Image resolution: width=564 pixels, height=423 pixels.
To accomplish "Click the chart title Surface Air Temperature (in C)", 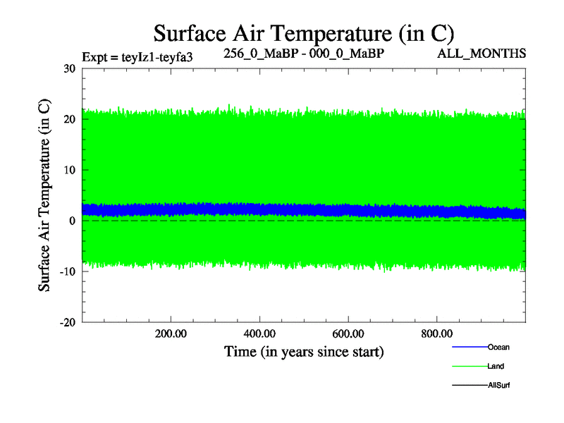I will [x=303, y=33].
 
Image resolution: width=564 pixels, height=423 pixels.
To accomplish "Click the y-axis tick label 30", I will [x=69, y=69].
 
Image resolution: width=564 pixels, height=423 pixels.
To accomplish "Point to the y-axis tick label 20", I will [x=69, y=120].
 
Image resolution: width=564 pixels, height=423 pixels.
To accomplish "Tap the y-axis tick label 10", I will [x=69, y=171].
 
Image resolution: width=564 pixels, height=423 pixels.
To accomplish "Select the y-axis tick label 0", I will [x=73, y=221].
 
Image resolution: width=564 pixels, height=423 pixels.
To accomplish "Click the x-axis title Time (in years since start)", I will [x=304, y=351].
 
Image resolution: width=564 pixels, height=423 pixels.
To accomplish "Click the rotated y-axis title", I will [x=44, y=195].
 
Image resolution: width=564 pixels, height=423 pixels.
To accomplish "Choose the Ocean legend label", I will [x=498, y=347].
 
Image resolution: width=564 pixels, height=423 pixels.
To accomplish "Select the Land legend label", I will [x=496, y=367].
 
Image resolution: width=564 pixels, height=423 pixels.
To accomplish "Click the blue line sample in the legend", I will [x=469, y=347].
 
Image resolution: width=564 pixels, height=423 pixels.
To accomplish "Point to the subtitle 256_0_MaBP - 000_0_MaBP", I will [x=304, y=54].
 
